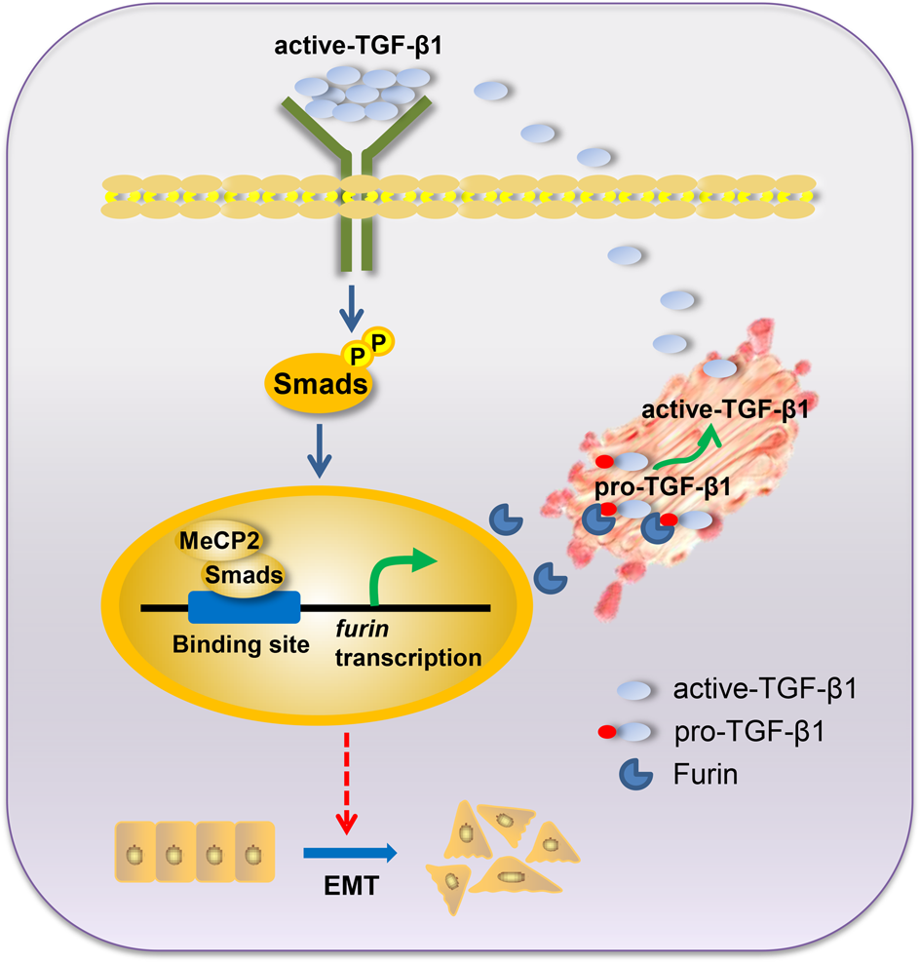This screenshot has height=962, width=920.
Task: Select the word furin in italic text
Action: coord(357,634)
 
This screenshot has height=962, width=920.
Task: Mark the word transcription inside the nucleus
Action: coord(407,658)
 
